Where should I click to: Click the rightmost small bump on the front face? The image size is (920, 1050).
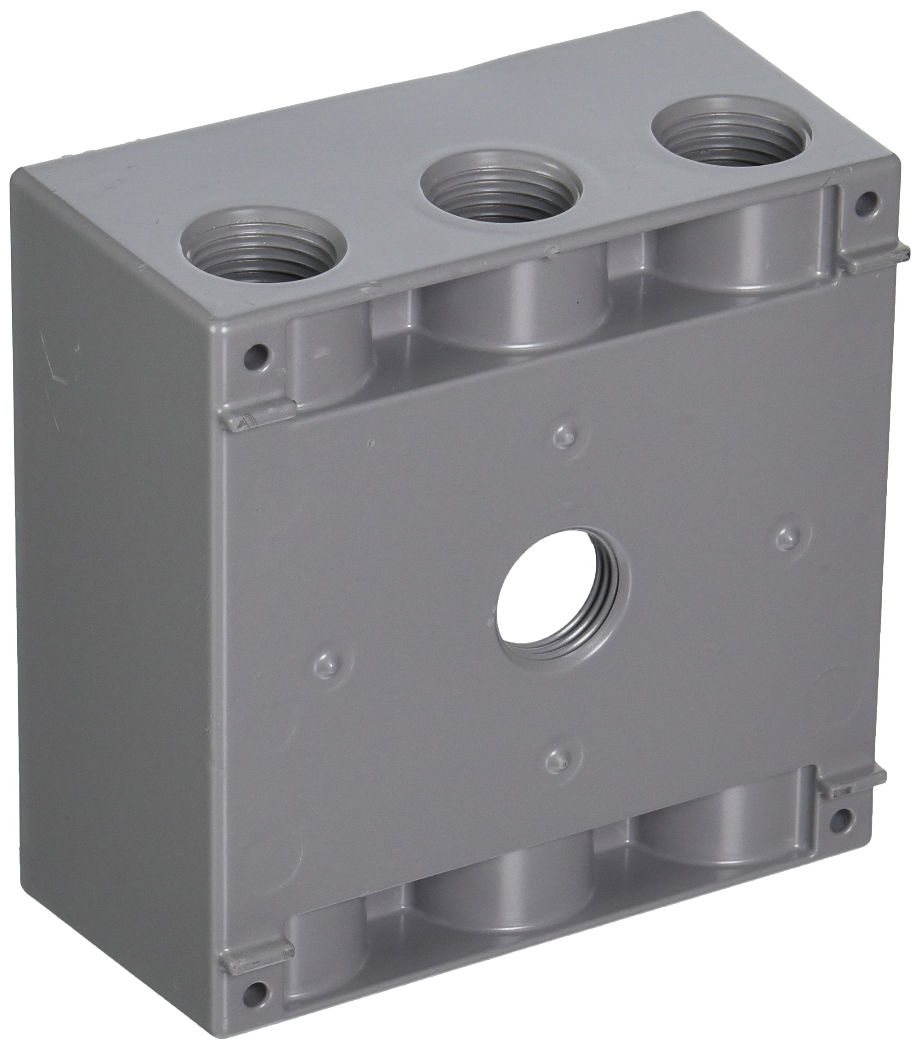[786, 539]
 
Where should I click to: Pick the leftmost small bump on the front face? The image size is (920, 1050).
[325, 665]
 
